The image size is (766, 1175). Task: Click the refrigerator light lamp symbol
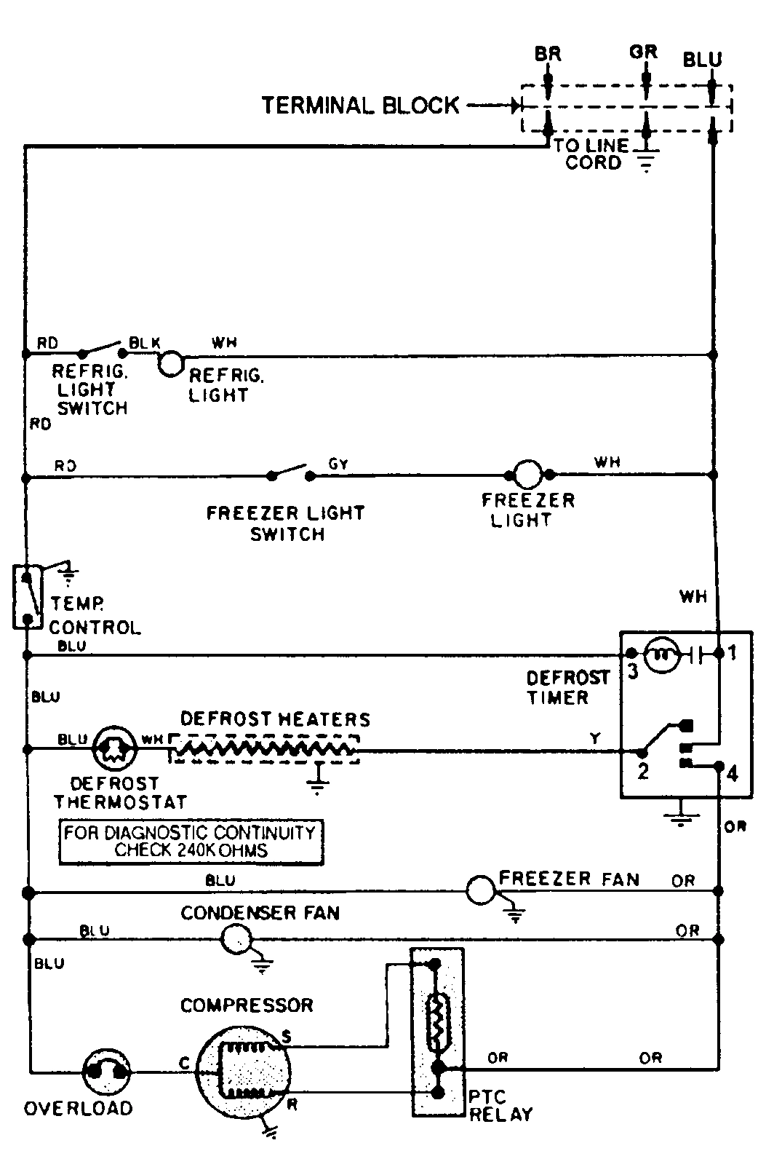coord(170,363)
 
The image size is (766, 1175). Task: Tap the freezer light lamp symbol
coord(527,475)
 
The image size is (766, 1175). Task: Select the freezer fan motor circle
coord(480,889)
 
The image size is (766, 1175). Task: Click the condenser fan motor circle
coord(236,938)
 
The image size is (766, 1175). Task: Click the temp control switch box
coord(28,596)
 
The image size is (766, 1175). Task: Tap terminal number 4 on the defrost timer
coord(732,773)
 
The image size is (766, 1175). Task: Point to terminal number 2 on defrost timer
coord(642,770)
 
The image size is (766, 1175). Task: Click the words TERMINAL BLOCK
coord(360,106)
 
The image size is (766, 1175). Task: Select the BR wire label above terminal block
coord(548,54)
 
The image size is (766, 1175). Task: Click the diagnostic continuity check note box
coord(191,842)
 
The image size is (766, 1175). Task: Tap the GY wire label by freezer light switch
coord(338,464)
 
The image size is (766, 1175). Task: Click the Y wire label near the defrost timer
coord(595,738)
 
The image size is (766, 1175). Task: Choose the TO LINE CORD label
coord(591,154)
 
